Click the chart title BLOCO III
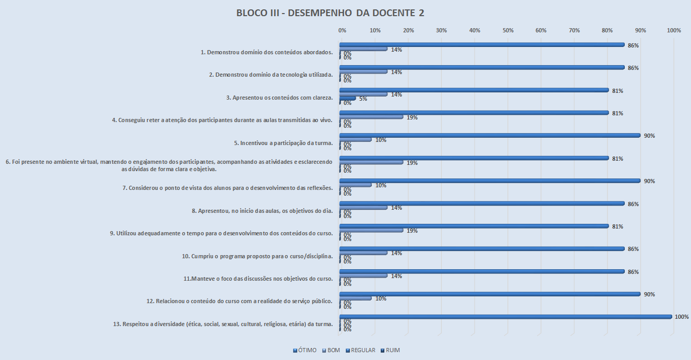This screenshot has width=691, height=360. coord(330,13)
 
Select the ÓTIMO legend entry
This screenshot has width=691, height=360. coord(305,350)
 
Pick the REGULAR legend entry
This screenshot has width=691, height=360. coord(360,350)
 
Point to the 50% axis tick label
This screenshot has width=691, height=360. coord(507,31)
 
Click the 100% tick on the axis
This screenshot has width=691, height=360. coord(674,31)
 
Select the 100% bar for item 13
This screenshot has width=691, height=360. coord(506,317)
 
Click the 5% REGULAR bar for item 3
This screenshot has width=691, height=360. coord(348,98)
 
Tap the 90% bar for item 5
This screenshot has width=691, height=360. coord(490,136)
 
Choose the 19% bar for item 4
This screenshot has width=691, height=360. coord(371,117)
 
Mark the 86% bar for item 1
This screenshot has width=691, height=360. coord(482,45)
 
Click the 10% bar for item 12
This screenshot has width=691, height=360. coord(356,298)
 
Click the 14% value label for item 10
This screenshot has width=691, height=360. coord(396,253)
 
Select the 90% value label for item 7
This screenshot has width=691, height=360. coord(650,181)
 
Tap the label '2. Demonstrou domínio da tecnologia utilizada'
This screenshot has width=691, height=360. coord(271,75)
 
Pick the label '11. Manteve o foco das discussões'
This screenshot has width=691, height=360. coord(258,279)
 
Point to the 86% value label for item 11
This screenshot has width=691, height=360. coord(633,272)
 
